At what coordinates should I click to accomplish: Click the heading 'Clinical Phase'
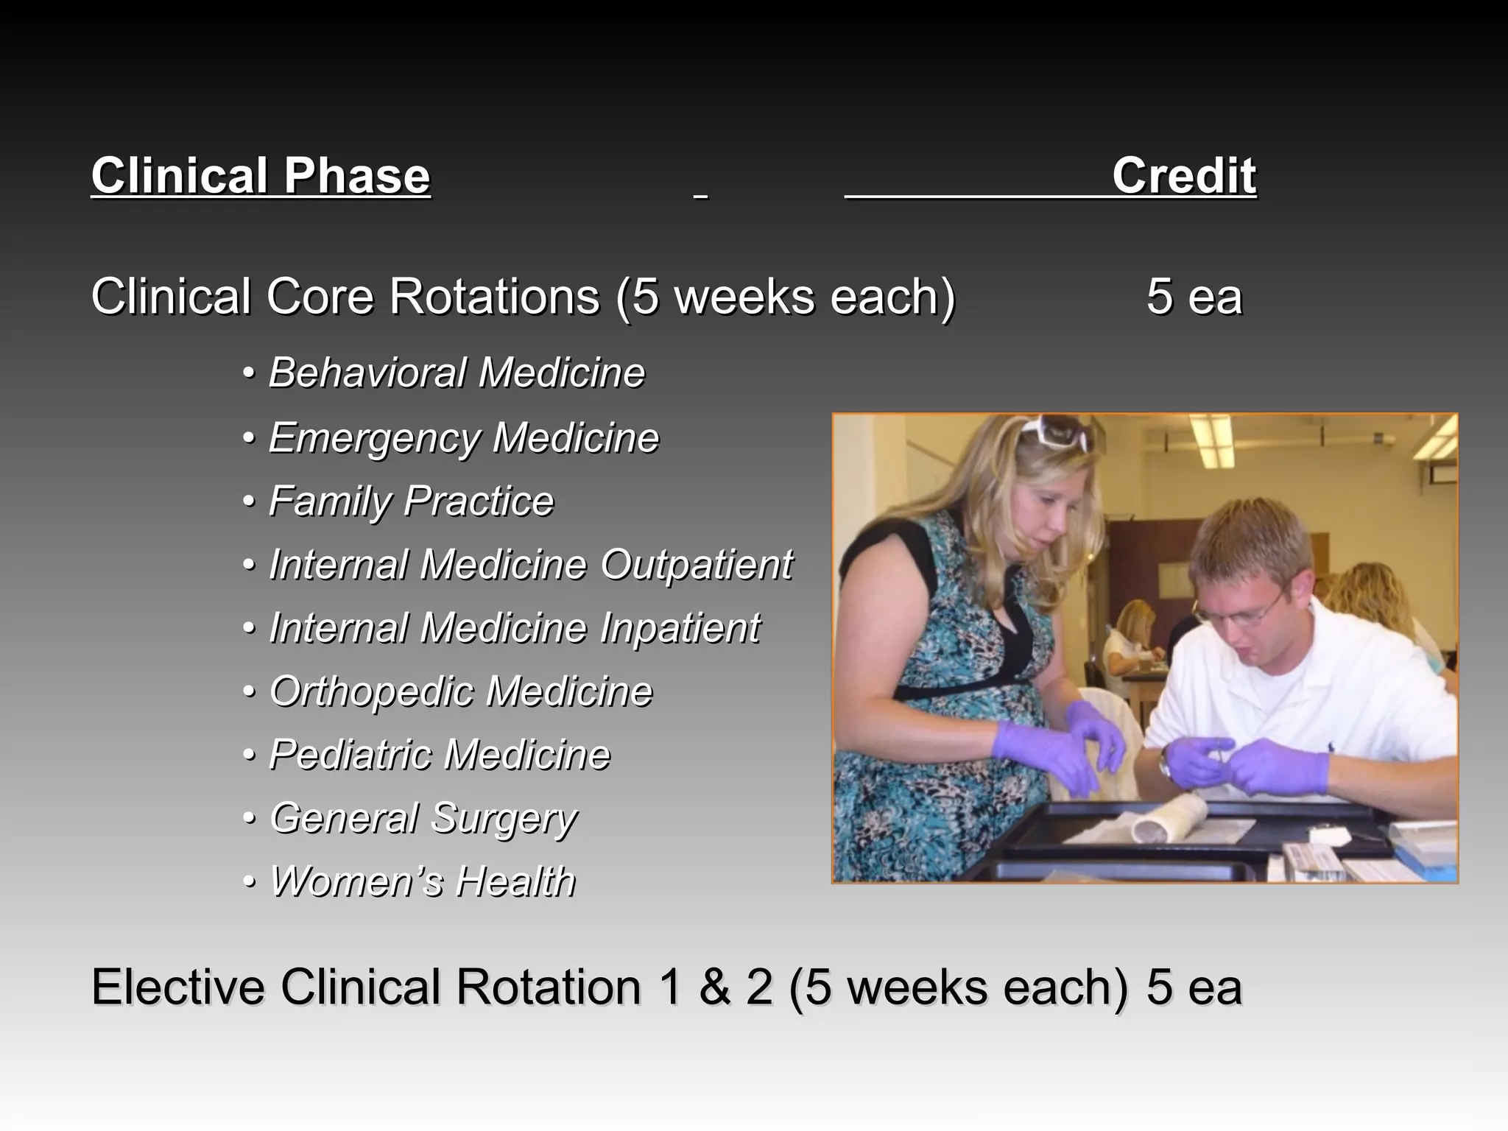(261, 176)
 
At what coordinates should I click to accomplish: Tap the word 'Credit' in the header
(1183, 176)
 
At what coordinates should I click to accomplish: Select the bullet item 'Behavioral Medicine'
(457, 373)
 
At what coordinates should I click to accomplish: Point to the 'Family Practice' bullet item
(411, 501)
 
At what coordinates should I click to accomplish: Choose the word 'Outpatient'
(696, 565)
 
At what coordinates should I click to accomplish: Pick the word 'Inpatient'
(680, 628)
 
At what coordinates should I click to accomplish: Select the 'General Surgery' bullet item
(423, 819)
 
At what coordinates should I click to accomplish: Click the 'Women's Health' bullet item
(423, 881)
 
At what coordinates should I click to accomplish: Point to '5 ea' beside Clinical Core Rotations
(1194, 297)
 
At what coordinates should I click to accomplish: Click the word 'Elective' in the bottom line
(177, 987)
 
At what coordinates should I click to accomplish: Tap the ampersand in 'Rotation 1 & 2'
(714, 987)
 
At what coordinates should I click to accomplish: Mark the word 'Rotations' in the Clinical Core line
(494, 297)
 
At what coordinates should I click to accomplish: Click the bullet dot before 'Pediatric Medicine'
(250, 755)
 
